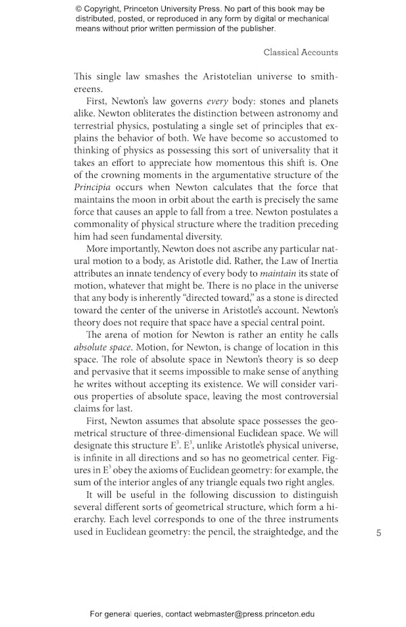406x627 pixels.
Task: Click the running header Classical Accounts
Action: click(300, 52)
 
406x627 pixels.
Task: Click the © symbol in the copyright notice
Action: click(79, 9)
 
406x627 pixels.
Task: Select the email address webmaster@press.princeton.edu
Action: click(245, 614)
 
